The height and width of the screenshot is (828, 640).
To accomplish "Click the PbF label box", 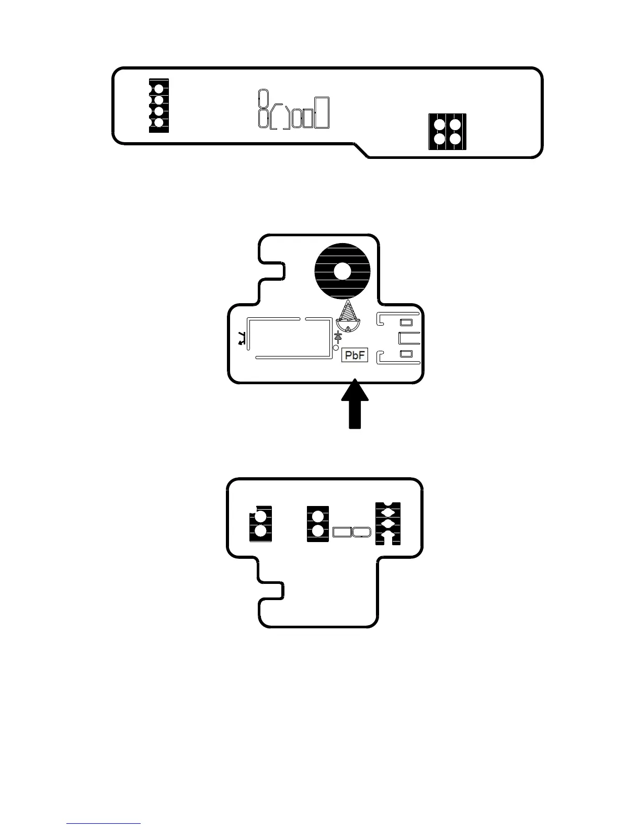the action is (x=355, y=356).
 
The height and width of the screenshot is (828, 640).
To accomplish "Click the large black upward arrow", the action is (x=355, y=406).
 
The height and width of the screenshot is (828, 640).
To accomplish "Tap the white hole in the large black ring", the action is (x=342, y=272).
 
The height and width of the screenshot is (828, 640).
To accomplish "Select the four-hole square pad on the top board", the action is (x=447, y=132).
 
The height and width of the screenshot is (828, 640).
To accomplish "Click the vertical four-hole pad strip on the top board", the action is (x=159, y=106).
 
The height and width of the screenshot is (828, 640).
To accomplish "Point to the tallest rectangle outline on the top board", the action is (x=323, y=112).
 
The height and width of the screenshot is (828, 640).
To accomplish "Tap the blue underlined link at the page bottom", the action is (x=104, y=823).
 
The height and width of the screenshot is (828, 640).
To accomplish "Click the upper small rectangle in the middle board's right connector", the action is (x=406, y=322).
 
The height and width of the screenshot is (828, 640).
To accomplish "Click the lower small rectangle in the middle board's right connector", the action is (x=406, y=354).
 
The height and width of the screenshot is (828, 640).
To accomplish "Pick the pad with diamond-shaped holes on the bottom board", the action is (x=388, y=523).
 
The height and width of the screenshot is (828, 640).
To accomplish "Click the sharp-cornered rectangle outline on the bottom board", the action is (x=342, y=532).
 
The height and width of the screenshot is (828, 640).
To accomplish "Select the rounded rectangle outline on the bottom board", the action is (x=362, y=532).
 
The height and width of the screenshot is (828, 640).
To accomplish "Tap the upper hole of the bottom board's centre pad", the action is (x=317, y=517).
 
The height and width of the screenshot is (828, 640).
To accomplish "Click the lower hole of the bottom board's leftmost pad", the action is (x=260, y=531).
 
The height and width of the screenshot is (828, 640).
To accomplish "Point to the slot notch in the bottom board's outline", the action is (x=272, y=590).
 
